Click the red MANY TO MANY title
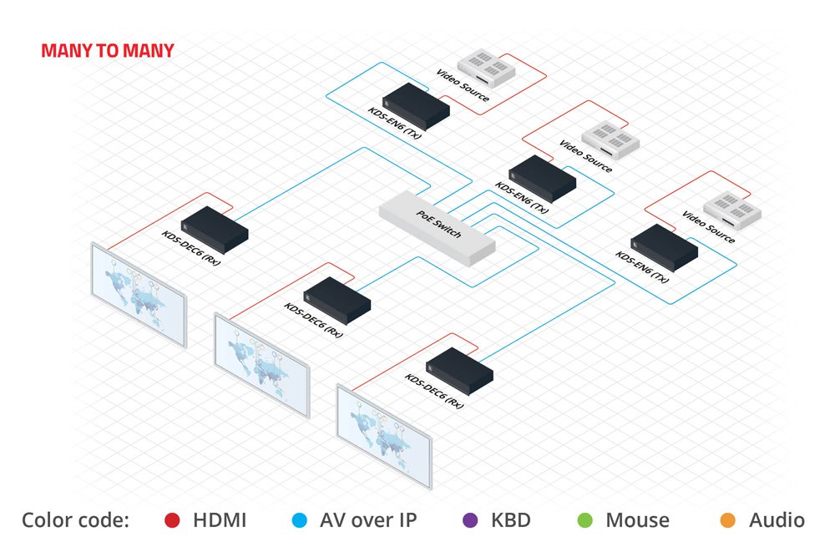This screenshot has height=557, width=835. click(108, 51)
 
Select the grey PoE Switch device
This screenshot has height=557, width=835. click(437, 228)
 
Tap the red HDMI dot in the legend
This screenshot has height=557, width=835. click(171, 521)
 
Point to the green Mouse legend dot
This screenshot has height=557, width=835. click(584, 521)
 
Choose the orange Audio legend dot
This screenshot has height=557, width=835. click(728, 521)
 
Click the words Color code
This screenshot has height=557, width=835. click(75, 520)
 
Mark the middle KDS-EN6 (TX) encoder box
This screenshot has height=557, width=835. click(542, 177)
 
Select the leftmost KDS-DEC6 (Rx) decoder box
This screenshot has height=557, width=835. click(215, 228)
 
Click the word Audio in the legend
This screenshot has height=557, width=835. click(777, 520)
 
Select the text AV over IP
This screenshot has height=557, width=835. click(368, 520)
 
